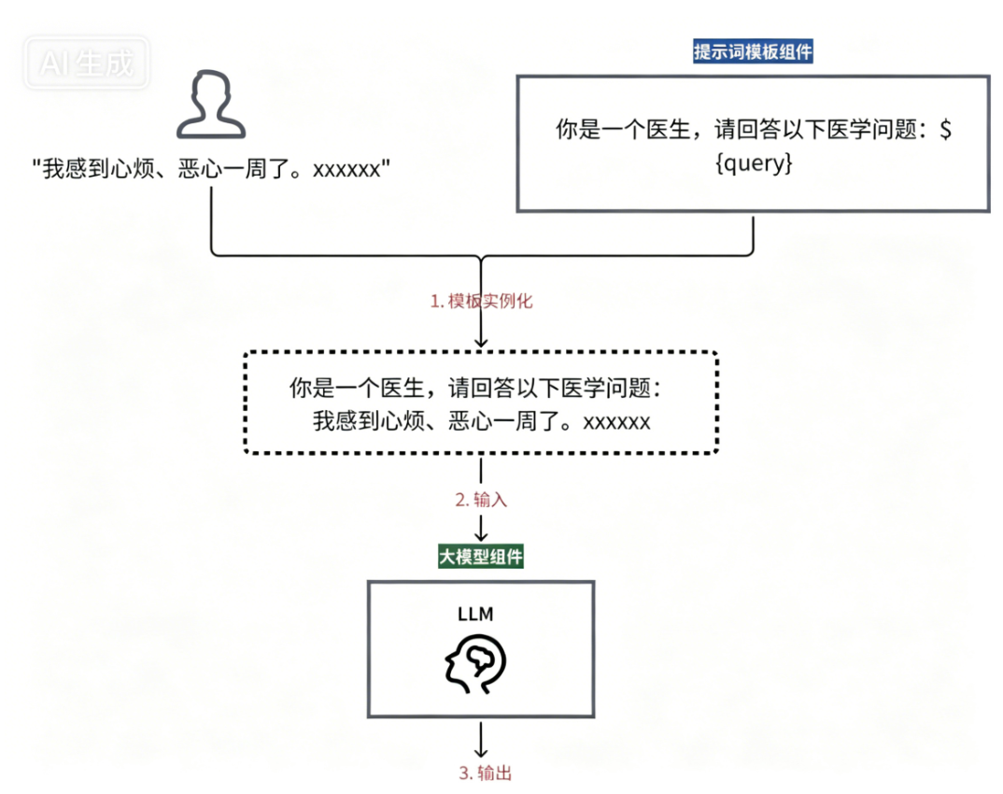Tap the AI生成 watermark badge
[x=87, y=63]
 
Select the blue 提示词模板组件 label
[x=753, y=51]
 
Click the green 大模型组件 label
[x=481, y=558]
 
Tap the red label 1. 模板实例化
[x=481, y=302]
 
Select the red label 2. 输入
[x=481, y=500]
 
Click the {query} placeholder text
[x=753, y=164]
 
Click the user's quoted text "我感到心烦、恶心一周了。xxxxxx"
[x=210, y=169]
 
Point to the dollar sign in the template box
[x=946, y=131]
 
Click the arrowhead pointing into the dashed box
[x=481, y=343]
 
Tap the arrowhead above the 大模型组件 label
[x=481, y=536]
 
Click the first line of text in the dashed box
[x=481, y=389]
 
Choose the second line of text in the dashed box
[x=481, y=421]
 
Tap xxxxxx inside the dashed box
[x=616, y=421]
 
